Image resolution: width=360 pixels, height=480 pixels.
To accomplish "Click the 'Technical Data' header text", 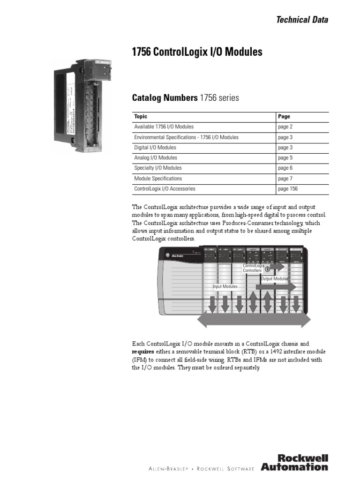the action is (x=302, y=20).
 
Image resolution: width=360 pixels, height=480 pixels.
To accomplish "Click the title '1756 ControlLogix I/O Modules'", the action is (x=197, y=52).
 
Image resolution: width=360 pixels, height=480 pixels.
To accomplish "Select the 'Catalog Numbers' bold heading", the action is (x=165, y=98).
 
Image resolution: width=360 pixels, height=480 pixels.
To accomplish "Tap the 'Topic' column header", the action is (x=141, y=117).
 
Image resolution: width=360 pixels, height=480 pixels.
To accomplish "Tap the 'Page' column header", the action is (x=284, y=117).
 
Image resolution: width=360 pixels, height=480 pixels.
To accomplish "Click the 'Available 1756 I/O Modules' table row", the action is (x=164, y=127).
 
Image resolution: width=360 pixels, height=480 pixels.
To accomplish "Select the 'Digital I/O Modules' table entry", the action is (x=155, y=148).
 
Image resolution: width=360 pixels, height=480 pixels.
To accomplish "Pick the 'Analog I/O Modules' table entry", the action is (x=156, y=158).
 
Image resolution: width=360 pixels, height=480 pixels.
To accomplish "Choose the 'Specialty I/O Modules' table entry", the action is (x=158, y=168).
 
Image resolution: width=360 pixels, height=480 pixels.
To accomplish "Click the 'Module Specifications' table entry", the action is (x=158, y=179).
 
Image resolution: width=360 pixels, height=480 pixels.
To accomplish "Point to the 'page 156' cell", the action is (x=287, y=189).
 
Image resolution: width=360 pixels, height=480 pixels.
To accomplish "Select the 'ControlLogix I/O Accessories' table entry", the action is (x=165, y=189).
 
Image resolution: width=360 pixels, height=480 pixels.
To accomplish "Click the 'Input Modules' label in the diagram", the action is (x=225, y=286).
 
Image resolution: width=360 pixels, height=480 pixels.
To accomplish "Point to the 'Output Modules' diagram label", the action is (x=274, y=279).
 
